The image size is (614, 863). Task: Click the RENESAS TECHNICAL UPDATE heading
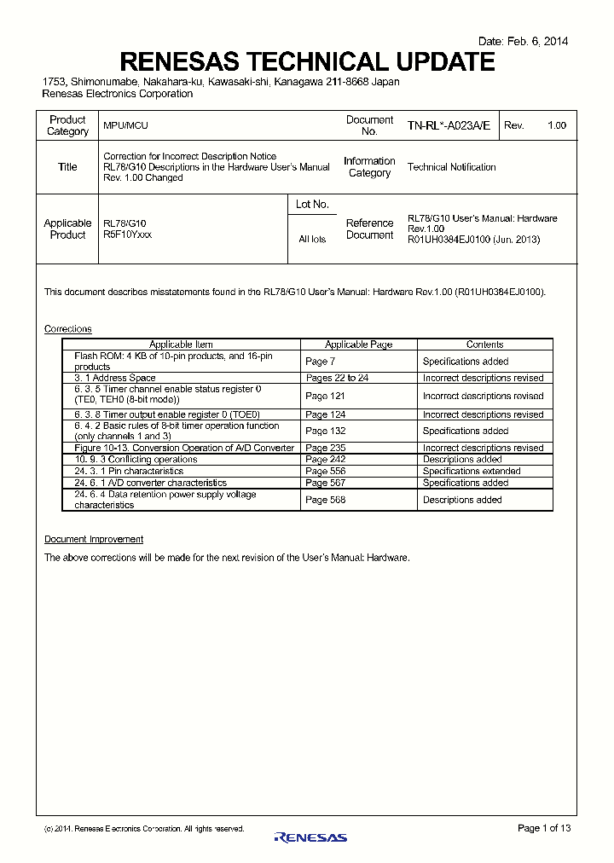[307, 62]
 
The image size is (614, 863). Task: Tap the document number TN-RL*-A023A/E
[449, 125]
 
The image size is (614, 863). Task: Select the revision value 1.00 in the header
[556, 125]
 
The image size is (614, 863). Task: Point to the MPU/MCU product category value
[125, 125]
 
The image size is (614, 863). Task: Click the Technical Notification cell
[451, 167]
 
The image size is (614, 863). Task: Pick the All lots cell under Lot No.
[312, 240]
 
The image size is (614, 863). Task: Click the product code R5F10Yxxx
[127, 235]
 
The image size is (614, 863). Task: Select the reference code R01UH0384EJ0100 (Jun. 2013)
[473, 240]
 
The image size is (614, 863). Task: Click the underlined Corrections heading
[67, 329]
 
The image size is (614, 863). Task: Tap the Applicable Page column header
[358, 345]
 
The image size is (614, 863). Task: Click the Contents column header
[484, 345]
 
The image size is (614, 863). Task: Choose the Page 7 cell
[320, 362]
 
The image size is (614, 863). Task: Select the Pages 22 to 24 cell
[337, 378]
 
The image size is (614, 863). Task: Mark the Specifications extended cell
[471, 471]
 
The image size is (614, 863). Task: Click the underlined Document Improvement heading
[94, 539]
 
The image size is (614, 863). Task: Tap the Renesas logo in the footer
[310, 837]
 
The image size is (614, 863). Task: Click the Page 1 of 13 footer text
[543, 828]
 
